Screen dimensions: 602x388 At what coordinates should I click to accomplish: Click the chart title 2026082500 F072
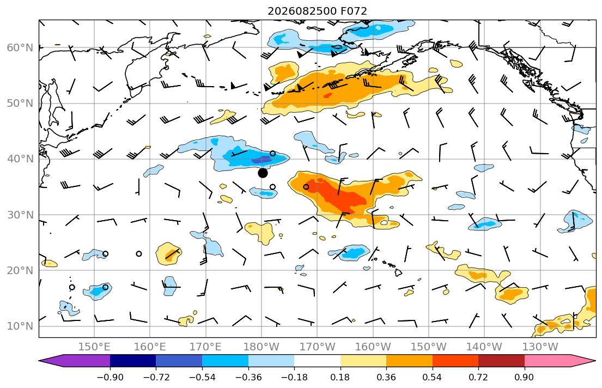(317, 11)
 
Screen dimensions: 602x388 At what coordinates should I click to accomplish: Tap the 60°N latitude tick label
(20, 47)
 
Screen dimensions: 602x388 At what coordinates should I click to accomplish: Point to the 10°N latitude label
(20, 326)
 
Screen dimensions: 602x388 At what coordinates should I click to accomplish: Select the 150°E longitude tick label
(94, 347)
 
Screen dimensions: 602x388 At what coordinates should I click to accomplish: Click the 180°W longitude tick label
(262, 347)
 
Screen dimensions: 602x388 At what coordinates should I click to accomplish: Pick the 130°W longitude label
(540, 347)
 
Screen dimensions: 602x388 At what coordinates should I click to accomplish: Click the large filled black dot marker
(263, 173)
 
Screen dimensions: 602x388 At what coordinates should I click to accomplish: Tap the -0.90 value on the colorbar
(110, 377)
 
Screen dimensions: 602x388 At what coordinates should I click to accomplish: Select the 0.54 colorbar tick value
(433, 377)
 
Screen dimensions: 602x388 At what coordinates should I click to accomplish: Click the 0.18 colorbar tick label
(340, 377)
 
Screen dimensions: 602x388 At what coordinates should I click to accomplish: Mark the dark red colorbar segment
(501, 361)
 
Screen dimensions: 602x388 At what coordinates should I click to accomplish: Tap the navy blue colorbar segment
(133, 361)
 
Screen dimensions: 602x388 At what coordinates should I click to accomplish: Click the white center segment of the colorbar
(317, 361)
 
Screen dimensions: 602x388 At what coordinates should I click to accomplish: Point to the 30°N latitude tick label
(20, 215)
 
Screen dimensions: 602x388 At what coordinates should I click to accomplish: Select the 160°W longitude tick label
(373, 347)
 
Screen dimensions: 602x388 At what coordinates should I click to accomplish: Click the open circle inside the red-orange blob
(306, 187)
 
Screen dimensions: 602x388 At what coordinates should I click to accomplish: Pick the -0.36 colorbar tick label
(248, 377)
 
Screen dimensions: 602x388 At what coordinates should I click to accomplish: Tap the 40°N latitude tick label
(20, 159)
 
